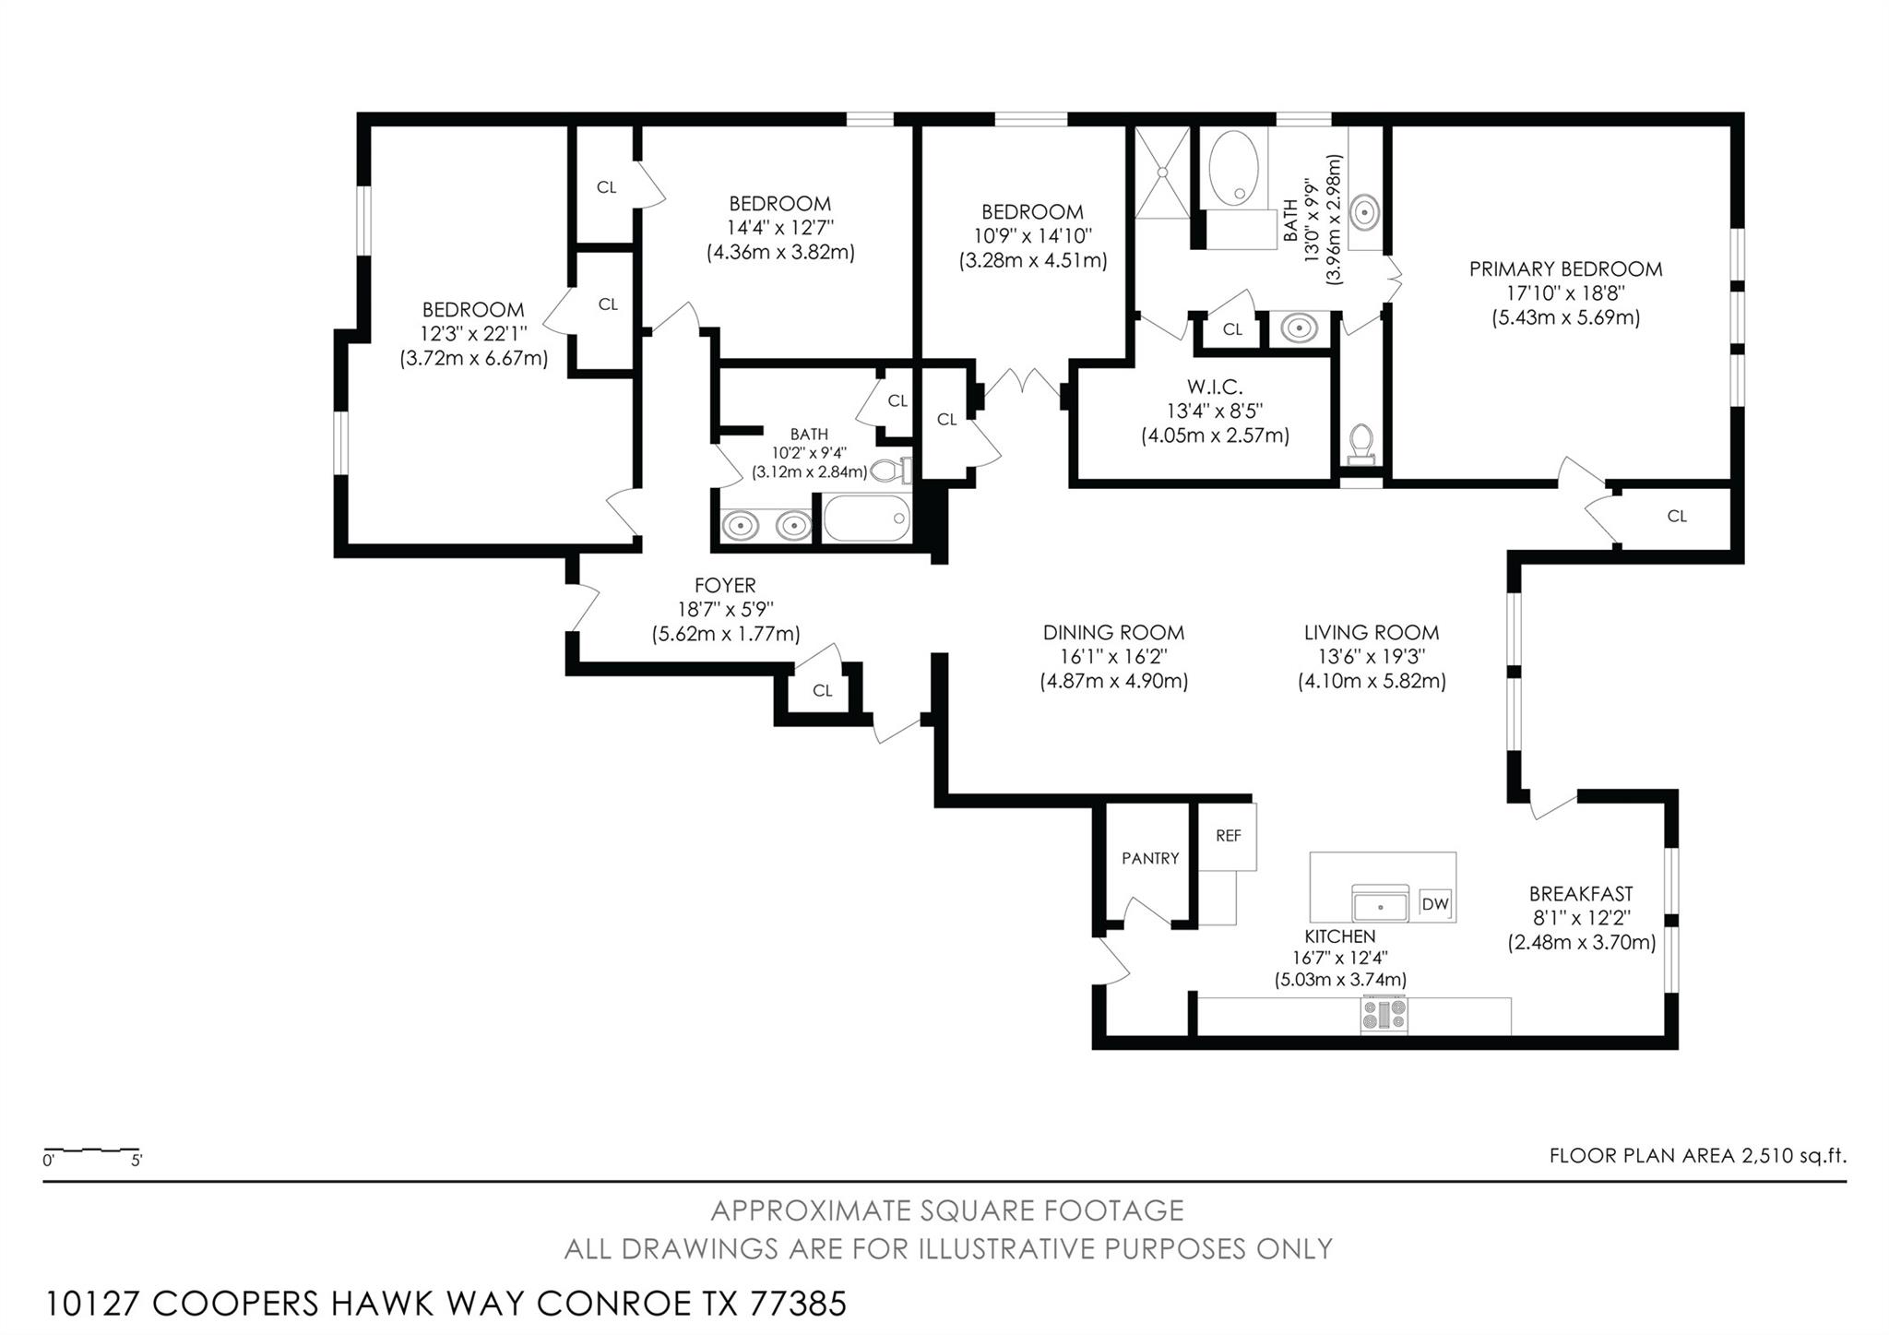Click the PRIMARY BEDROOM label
[x=1565, y=269]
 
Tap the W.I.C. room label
[x=1215, y=387]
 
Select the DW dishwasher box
[x=1435, y=904]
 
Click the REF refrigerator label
[x=1228, y=836]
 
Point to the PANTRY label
[x=1150, y=858]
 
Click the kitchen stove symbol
[x=1384, y=1015]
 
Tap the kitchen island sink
[x=1380, y=902]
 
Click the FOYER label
[x=725, y=585]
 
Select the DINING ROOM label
[x=1113, y=633]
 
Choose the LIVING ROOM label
[x=1372, y=633]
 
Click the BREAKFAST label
[x=1581, y=894]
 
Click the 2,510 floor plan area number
[x=1766, y=1155]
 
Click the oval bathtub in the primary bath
[x=1233, y=168]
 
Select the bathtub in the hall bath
[x=866, y=519]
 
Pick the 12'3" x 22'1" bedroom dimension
[x=473, y=333]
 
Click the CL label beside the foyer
[x=822, y=690]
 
